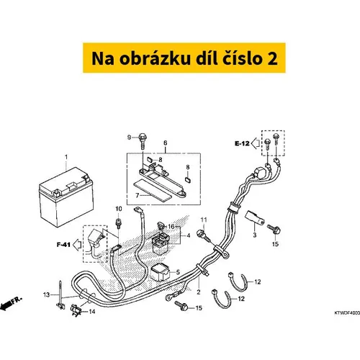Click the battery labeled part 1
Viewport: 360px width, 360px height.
tap(66, 197)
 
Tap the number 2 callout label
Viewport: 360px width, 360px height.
tap(199, 292)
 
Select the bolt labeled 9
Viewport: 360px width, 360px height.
tap(143, 140)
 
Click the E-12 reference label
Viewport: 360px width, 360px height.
tap(242, 143)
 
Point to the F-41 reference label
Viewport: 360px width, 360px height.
tap(63, 245)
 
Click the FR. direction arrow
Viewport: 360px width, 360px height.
tap(11, 303)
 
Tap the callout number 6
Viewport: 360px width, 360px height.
tap(166, 143)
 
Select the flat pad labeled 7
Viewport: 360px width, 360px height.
tap(153, 191)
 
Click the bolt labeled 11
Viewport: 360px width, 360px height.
tap(203, 235)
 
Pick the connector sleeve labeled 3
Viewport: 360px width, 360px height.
tap(254, 218)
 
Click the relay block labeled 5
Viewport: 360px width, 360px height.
tap(160, 272)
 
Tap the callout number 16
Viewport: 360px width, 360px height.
tap(171, 226)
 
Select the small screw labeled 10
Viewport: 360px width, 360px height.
tap(118, 223)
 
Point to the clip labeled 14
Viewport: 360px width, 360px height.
tap(76, 310)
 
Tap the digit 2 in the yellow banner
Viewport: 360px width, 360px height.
tap(272, 58)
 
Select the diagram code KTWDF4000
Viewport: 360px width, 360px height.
tap(347, 313)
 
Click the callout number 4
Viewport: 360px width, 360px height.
tap(189, 235)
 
